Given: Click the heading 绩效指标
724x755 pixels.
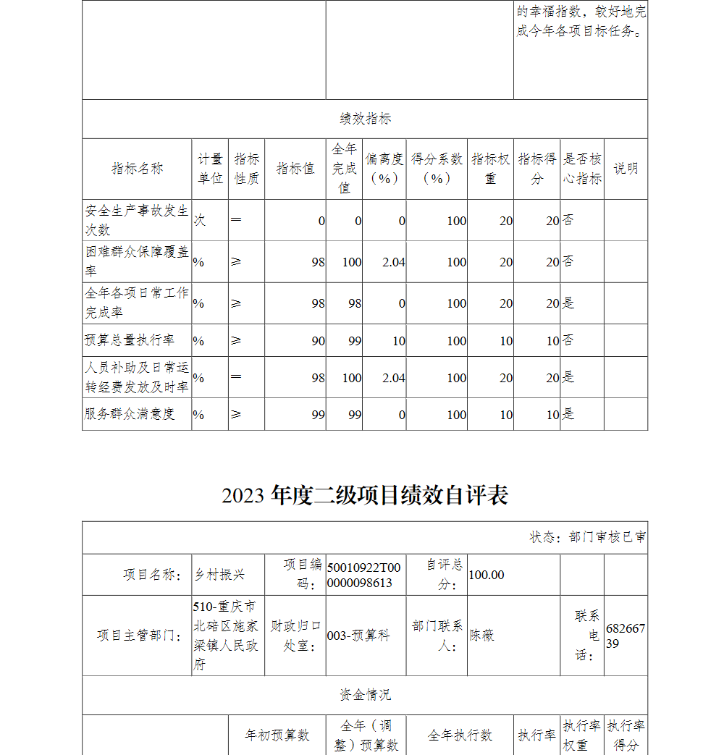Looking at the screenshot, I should click(x=365, y=119).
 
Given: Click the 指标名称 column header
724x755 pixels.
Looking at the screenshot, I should click(x=137, y=169).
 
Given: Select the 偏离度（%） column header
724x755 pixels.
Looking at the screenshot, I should click(x=384, y=169).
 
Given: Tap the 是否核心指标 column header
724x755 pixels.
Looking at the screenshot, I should click(x=582, y=169).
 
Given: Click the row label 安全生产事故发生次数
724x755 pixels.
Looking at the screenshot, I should click(x=137, y=220).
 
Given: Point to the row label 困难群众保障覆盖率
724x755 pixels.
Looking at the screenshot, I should click(x=137, y=261).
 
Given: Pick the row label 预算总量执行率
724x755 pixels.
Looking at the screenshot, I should click(x=130, y=340).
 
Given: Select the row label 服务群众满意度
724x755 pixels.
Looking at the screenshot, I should click(x=130, y=414).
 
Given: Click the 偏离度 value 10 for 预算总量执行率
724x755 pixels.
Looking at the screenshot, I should click(x=398, y=341).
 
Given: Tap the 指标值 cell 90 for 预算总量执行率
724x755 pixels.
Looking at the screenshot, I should click(x=318, y=341).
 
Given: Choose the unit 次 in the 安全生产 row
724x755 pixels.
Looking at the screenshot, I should click(x=199, y=220).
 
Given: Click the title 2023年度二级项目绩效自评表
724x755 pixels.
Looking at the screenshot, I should click(x=365, y=495).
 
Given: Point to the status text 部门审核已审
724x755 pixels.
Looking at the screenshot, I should click(x=588, y=537).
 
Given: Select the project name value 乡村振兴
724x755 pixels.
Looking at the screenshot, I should click(x=219, y=575).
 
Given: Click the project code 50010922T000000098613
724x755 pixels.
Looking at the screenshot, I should click(x=360, y=575).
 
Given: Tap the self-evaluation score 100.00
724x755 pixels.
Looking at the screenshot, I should click(x=487, y=575).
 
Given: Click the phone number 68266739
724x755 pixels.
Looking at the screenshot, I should click(x=625, y=636).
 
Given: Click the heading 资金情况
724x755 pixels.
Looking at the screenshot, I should click(x=365, y=695).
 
